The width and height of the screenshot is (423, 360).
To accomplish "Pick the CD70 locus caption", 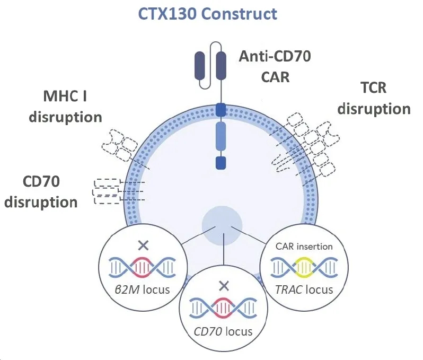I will pyautogui.click(x=223, y=332).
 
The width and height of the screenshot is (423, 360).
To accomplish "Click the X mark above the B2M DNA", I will pyautogui.click(x=142, y=245).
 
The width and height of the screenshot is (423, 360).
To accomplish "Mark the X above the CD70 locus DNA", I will pyautogui.click(x=224, y=286).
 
